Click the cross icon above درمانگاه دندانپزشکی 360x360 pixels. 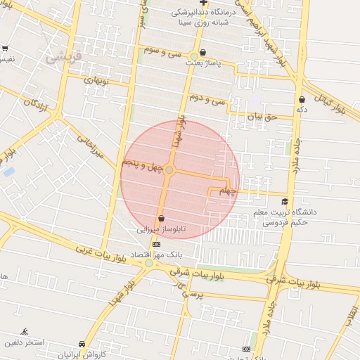click(x=204, y=3)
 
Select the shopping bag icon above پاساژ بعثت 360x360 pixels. click(x=203, y=52)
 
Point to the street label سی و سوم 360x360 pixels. click(x=162, y=52)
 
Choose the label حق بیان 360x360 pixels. click(x=263, y=116)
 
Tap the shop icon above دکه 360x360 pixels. click(x=302, y=100)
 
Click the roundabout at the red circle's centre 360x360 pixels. click(x=169, y=169)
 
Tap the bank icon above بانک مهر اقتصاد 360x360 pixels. click(x=155, y=244)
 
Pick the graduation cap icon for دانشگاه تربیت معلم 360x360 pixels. click(x=285, y=202)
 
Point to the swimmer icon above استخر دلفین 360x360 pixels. click(x=25, y=331)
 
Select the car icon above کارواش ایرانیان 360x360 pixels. click(x=82, y=344)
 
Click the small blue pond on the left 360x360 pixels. click(x=8, y=172)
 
